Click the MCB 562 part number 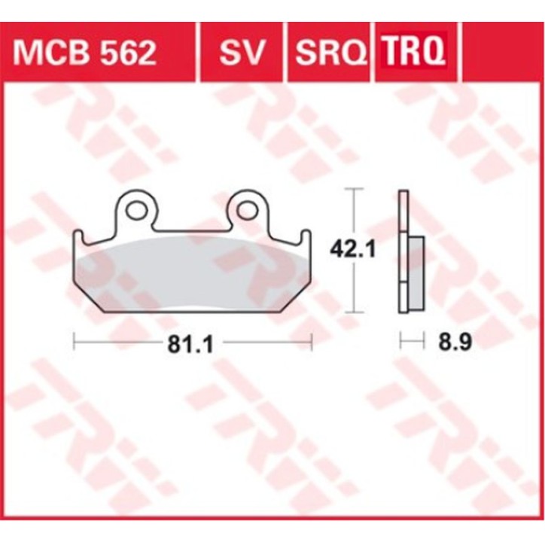click(84, 53)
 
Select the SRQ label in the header click(330, 53)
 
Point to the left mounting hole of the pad click(136, 211)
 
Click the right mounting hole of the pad click(247, 211)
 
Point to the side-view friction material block click(415, 272)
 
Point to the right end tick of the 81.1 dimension click(311, 343)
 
